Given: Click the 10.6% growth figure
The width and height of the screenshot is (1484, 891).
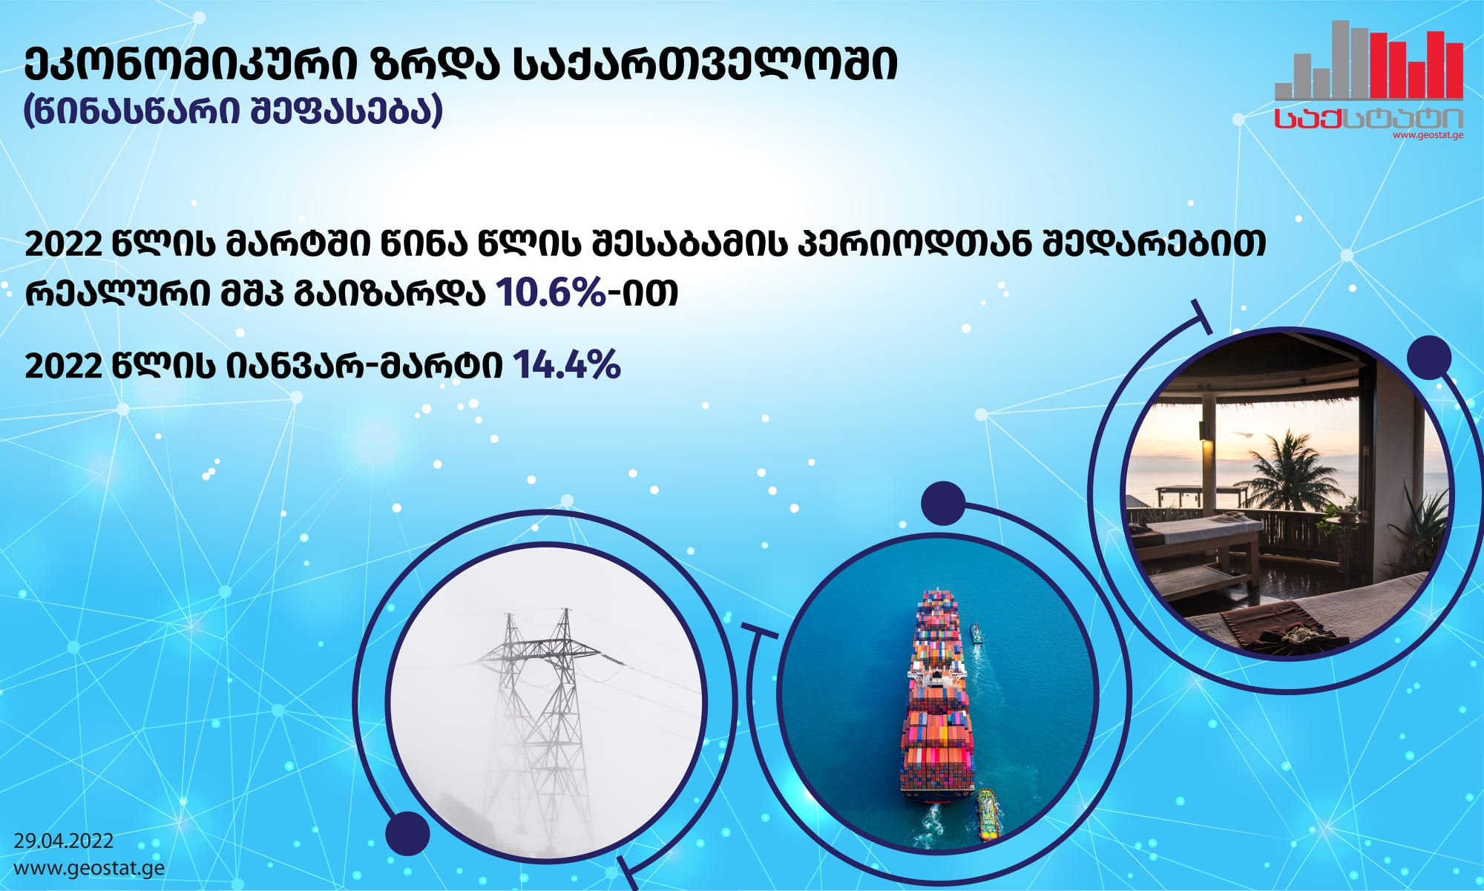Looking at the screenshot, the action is [x=551, y=292].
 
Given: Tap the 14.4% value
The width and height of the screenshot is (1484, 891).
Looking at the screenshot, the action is [x=567, y=365].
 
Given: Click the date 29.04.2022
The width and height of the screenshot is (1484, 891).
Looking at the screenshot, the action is [x=64, y=841].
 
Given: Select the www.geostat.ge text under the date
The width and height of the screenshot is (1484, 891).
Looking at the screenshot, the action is [x=89, y=868].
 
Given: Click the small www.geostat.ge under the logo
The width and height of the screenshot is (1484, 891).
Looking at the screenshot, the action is [x=1428, y=135].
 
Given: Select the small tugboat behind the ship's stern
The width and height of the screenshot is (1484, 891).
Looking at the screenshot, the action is [x=988, y=814].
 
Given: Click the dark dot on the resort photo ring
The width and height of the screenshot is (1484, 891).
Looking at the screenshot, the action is [x=1428, y=358].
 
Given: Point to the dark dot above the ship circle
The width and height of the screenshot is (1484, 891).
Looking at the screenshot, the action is [x=943, y=503].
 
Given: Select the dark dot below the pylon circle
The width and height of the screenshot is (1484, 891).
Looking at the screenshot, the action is [x=408, y=833].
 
